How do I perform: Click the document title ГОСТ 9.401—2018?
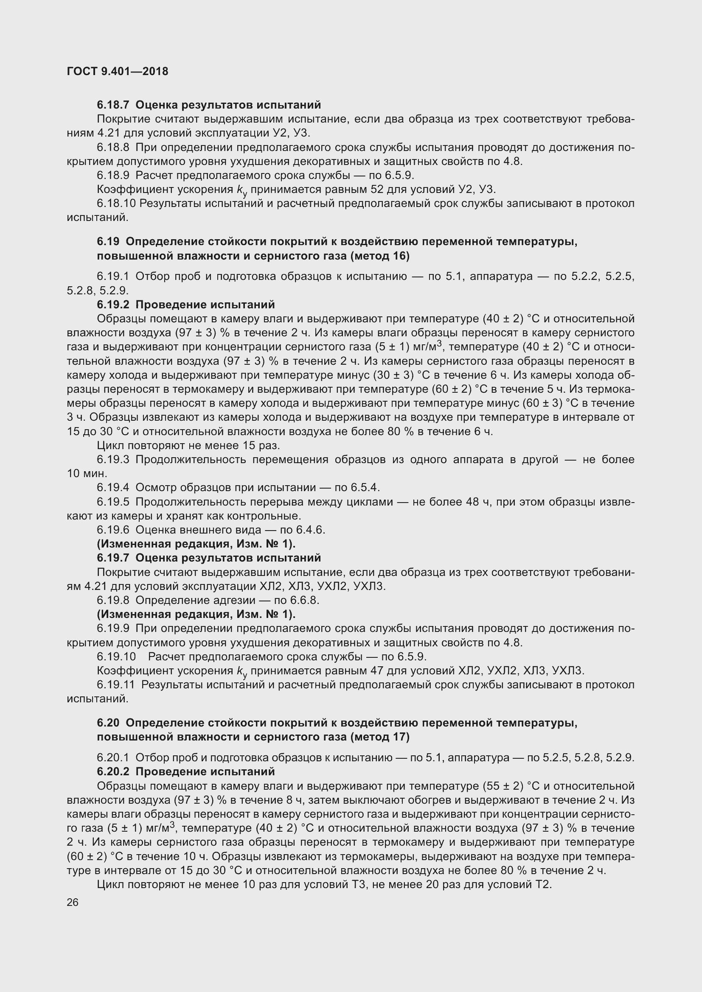pos(118,71)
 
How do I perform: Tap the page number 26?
pos(73,902)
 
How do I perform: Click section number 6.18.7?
pos(113,105)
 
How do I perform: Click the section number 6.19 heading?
pos(108,241)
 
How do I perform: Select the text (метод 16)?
pos(379,256)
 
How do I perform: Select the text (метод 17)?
pos(379,737)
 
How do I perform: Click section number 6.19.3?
pos(113,459)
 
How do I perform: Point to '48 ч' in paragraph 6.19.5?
pos(477,502)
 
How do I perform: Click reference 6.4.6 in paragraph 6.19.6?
pos(310,530)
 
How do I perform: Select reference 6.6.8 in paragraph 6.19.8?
pos(304,600)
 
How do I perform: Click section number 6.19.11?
pos(115,685)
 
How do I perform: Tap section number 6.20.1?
pos(113,757)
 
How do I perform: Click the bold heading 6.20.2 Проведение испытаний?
pos(186,771)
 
